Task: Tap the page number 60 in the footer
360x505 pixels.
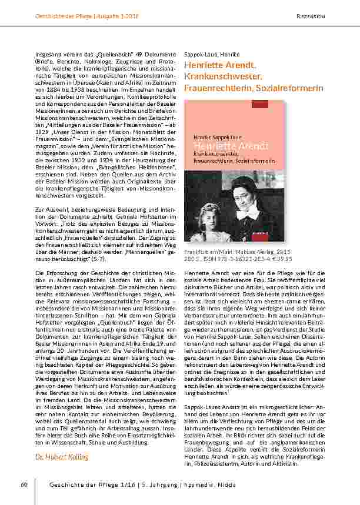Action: pyautogui.click(x=24, y=484)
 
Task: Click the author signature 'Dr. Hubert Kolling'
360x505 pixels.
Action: pyautogui.click(x=65, y=456)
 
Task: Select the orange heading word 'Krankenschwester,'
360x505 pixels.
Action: pyautogui.click(x=222, y=77)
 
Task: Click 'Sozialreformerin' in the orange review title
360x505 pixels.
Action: pyautogui.click(x=290, y=88)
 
